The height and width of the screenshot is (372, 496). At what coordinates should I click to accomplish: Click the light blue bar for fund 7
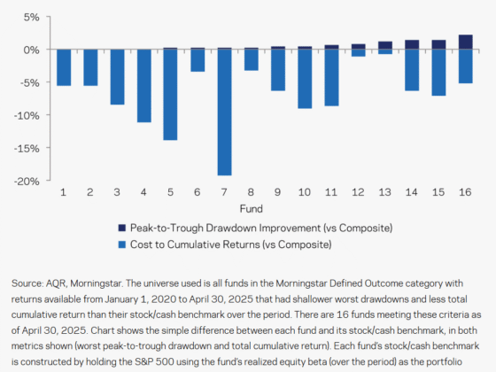[x=225, y=112]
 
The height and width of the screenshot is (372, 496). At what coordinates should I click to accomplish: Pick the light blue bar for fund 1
[x=63, y=67]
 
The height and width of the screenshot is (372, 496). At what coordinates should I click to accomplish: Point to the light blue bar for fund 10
[x=306, y=79]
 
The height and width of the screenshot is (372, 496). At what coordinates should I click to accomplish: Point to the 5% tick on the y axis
[x=31, y=17]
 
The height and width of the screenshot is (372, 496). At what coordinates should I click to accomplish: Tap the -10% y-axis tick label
[x=27, y=115]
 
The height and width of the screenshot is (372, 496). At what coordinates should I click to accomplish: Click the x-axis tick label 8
[x=252, y=191]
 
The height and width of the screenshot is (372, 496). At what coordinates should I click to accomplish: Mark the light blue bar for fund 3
[x=117, y=77]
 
